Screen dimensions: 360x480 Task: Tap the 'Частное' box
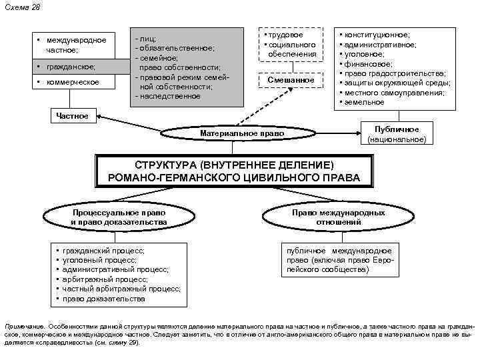tap(72, 116)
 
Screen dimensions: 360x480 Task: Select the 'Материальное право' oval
tap(241, 134)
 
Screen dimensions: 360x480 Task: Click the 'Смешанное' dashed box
tap(291, 80)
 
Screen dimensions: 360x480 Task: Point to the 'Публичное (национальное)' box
tap(397, 134)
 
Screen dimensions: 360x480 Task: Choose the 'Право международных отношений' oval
tap(338, 217)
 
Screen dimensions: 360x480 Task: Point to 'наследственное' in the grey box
tap(169, 96)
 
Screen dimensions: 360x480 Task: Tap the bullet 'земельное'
tap(366, 102)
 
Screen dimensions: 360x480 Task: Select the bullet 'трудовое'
tap(285, 35)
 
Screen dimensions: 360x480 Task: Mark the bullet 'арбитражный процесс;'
tap(105, 279)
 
